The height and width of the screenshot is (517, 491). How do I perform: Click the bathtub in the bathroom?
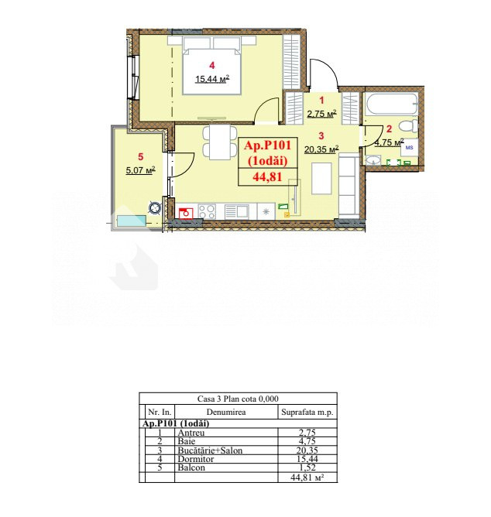pyautogui.click(x=392, y=104)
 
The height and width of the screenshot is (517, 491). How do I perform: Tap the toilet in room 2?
pyautogui.click(x=408, y=126)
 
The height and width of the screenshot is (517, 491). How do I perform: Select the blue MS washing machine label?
pyautogui.click(x=409, y=148)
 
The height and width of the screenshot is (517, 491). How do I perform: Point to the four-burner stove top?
pyautogui.click(x=207, y=211)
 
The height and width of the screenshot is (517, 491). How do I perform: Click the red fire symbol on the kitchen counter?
pyautogui.click(x=186, y=214)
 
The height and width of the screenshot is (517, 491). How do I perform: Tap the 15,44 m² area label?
pyautogui.click(x=212, y=79)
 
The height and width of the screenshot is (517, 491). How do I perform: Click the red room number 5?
pyautogui.click(x=141, y=156)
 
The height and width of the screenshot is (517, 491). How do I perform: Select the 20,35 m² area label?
pyautogui.click(x=321, y=149)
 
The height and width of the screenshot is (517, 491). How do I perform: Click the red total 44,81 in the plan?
pyautogui.click(x=267, y=177)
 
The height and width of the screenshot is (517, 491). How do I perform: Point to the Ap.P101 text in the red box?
pyautogui.click(x=267, y=145)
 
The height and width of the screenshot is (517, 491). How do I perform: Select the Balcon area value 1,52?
pyautogui.click(x=307, y=467)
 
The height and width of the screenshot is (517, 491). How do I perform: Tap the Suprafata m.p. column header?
pyautogui.click(x=307, y=413)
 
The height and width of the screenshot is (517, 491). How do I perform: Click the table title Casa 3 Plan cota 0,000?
pyautogui.click(x=238, y=399)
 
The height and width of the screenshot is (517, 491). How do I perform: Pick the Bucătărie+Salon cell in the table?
pyautogui.click(x=210, y=450)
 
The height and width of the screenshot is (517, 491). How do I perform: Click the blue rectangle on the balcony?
pyautogui.click(x=132, y=221)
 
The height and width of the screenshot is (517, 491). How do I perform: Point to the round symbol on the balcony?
pyautogui.click(x=155, y=208)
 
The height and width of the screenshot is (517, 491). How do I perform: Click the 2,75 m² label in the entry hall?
pyautogui.click(x=321, y=114)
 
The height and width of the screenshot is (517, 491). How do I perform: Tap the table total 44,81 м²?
pyautogui.click(x=307, y=478)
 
